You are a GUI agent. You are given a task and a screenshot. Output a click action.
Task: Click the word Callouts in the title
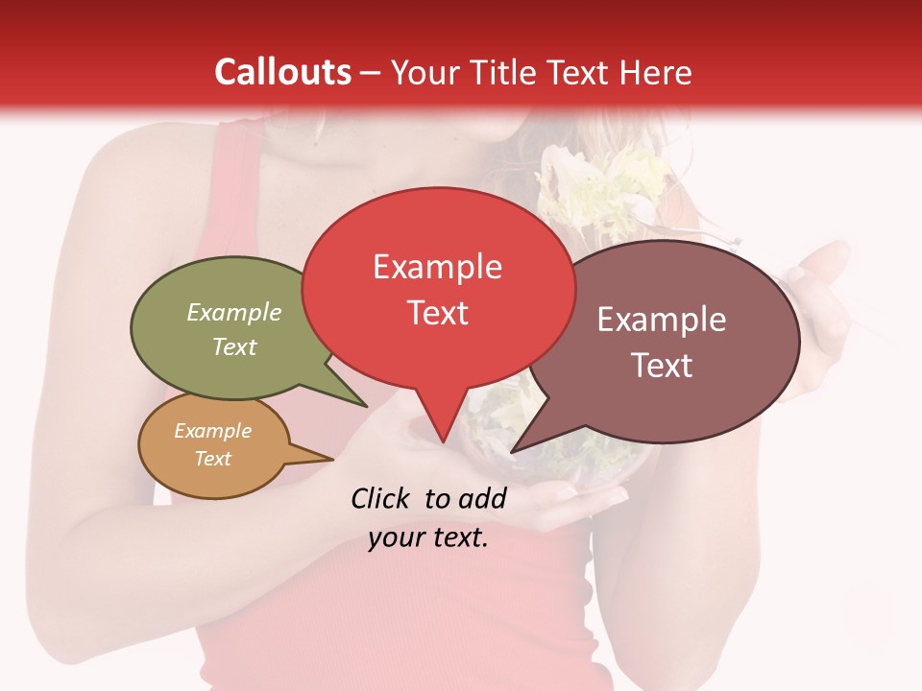[282, 72]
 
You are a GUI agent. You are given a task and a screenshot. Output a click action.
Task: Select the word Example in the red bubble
[437, 267]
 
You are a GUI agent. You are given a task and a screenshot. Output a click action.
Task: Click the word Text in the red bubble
[437, 313]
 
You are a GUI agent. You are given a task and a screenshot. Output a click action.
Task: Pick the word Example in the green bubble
[234, 312]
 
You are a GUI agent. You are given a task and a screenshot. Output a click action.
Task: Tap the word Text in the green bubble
[234, 346]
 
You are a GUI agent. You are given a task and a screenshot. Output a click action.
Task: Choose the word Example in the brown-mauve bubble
[662, 320]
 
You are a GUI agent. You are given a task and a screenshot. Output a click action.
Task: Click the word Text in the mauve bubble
[662, 365]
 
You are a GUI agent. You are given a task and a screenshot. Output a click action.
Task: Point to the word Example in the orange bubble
[212, 431]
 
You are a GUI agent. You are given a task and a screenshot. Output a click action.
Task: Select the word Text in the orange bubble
[212, 459]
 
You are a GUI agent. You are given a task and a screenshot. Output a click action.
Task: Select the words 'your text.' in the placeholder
[428, 537]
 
